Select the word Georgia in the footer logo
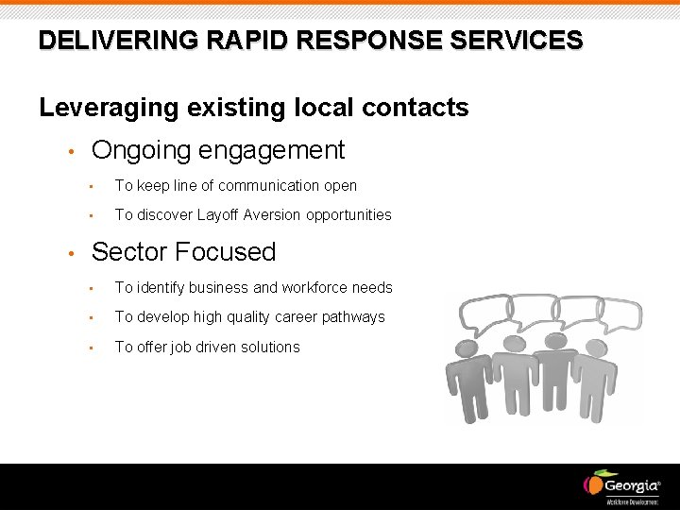click(x=631, y=485)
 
